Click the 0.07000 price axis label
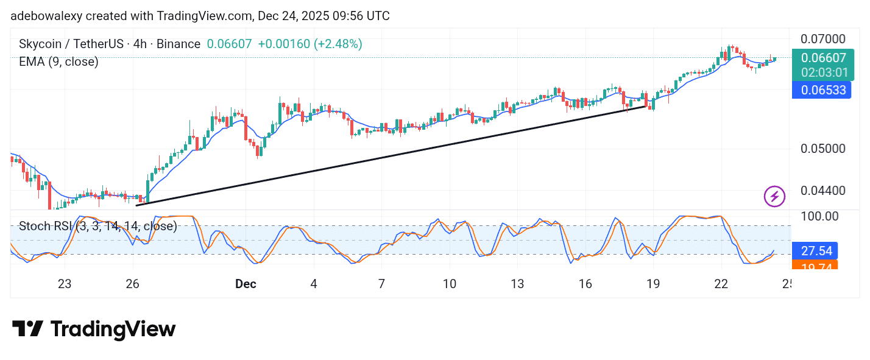(x=822, y=39)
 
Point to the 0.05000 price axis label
(x=822, y=149)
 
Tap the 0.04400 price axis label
(x=822, y=191)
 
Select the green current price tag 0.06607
(x=823, y=58)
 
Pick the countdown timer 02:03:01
(x=823, y=72)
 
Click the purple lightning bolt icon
(x=774, y=196)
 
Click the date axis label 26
(x=132, y=284)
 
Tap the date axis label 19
(x=653, y=284)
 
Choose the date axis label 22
(x=721, y=284)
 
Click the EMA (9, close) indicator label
(x=58, y=62)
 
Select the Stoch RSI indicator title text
(x=97, y=227)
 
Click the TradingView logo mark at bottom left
(x=27, y=330)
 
